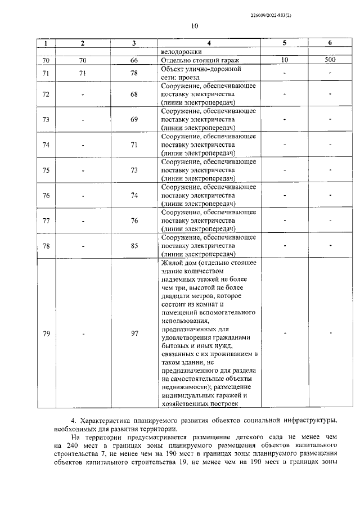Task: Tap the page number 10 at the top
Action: [195, 26]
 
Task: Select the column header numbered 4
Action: [209, 43]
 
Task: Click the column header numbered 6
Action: [330, 43]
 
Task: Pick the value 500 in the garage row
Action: [330, 60]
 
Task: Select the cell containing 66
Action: [134, 60]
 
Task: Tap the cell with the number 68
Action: [134, 94]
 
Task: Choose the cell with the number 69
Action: [134, 120]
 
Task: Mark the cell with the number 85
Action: [134, 246]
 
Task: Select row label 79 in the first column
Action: [46, 334]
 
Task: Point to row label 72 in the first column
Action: [46, 94]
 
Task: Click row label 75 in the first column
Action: [46, 170]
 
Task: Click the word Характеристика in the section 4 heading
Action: [106, 420]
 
